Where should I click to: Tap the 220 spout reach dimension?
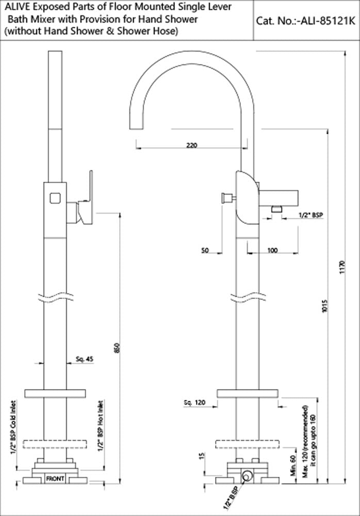click(191, 146)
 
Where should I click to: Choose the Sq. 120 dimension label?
click(194, 402)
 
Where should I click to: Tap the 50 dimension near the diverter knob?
click(205, 250)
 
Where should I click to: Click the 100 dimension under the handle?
click(272, 250)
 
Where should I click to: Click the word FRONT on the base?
click(55, 479)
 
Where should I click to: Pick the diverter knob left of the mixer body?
click(225, 198)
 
